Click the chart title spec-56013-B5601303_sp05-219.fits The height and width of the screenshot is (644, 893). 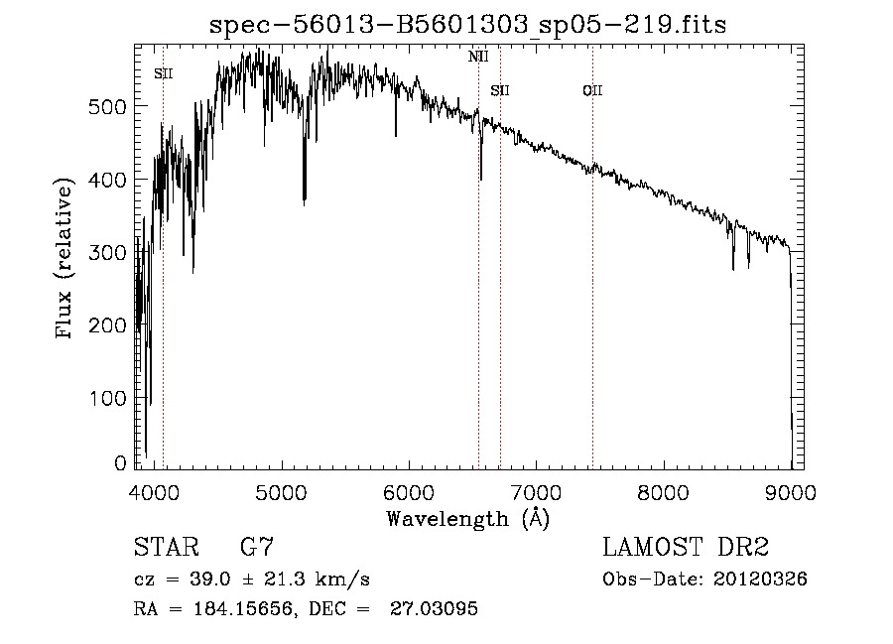click(x=467, y=25)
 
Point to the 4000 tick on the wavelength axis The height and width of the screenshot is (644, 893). click(x=153, y=492)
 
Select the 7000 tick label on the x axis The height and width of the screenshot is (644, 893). click(x=536, y=492)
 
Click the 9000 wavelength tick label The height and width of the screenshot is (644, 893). click(x=791, y=492)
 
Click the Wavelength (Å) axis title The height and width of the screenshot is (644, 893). click(x=467, y=518)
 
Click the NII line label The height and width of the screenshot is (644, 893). click(x=478, y=57)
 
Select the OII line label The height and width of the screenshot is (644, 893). click(x=592, y=91)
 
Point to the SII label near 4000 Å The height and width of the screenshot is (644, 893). click(x=164, y=73)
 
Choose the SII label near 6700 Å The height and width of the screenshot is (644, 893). click(x=500, y=91)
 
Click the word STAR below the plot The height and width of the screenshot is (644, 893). click(x=166, y=548)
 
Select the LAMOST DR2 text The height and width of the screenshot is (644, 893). click(x=685, y=548)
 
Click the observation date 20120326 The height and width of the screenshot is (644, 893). click(x=760, y=580)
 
